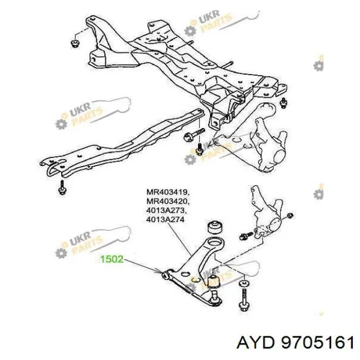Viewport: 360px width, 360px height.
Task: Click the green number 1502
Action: coord(112,259)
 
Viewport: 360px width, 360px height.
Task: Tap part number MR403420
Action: coord(168,201)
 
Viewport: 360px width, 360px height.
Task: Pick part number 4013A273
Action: coord(165,210)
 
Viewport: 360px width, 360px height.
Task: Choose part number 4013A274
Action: coord(165,220)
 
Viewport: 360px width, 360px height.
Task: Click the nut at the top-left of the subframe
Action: coord(75,43)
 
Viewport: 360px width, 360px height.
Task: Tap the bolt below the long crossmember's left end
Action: coord(62,187)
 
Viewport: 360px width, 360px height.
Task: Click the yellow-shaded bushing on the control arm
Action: coord(213,281)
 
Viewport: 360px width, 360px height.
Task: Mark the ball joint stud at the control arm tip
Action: coord(214,298)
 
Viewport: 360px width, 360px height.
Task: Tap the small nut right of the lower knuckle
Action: coord(290,215)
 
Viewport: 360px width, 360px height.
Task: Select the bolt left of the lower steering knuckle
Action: coord(246,236)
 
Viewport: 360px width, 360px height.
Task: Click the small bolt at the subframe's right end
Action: coord(284,103)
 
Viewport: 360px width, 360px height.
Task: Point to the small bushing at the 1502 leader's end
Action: coord(165,275)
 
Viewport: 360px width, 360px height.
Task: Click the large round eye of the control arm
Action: coord(215,244)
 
